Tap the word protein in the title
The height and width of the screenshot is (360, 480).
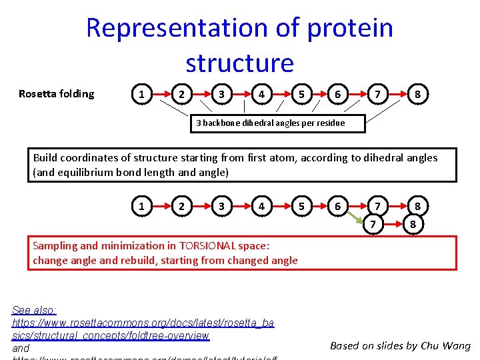[350, 28]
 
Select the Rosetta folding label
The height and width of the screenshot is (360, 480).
[57, 94]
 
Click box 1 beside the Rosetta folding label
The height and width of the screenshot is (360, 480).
[141, 95]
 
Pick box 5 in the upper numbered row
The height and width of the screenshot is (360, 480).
[301, 95]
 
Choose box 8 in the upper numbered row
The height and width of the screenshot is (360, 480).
[417, 95]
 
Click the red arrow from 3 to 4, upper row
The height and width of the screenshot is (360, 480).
[241, 95]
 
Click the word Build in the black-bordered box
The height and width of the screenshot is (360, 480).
[45, 158]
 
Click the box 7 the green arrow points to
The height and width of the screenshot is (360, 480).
[377, 225]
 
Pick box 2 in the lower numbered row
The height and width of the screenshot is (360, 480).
[181, 207]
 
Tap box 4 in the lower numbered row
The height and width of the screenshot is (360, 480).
[261, 207]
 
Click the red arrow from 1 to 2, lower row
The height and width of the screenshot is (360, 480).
[161, 207]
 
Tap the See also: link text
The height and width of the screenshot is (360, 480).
[35, 310]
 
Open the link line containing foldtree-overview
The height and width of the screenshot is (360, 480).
[111, 335]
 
